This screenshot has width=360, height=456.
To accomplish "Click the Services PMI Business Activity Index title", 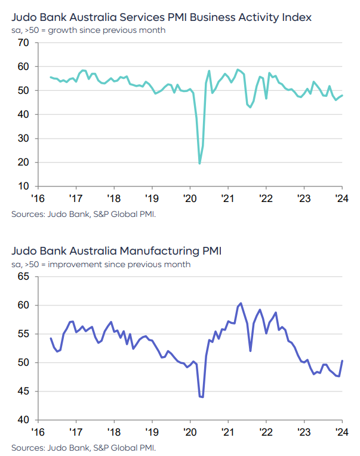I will tap(161, 17).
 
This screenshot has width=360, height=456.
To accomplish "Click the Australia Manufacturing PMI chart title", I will tap(116, 250).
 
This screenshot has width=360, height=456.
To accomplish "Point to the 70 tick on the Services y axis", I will tap(24, 43).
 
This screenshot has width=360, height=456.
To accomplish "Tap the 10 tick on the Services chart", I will tap(24, 186).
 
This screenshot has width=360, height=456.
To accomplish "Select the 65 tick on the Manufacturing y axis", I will tap(24, 277).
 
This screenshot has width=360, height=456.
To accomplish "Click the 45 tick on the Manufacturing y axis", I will tap(24, 391).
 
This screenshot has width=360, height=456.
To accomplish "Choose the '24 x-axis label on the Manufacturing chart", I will tap(341, 432).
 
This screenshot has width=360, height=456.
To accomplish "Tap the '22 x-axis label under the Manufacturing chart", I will tap(265, 432).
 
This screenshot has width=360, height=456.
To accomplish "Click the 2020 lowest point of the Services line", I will tap(199, 163).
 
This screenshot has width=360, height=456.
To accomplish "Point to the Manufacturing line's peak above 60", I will tap(241, 303).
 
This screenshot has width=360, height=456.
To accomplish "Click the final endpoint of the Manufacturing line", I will tap(342, 360).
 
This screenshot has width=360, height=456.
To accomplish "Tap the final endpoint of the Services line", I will tap(342, 96).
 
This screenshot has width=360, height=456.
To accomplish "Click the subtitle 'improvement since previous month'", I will tap(101, 264).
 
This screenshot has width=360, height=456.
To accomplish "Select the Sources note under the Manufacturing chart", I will tap(84, 447).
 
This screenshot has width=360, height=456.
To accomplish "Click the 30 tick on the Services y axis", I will tap(24, 139).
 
